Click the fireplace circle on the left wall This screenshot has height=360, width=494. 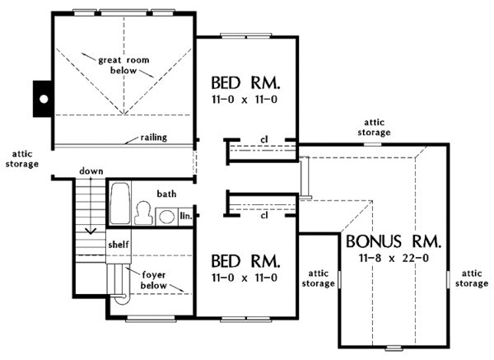click(43, 99)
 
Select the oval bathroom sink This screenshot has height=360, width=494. click(167, 217)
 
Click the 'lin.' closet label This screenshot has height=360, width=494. click(185, 216)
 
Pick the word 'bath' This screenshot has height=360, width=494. click(167, 194)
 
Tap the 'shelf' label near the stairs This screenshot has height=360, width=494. click(118, 245)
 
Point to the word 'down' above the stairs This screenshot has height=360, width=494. click(91, 171)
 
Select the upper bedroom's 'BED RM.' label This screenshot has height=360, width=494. click(246, 83)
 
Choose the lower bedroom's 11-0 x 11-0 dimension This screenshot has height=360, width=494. click(246, 278)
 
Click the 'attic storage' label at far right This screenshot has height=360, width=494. click(472, 278)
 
